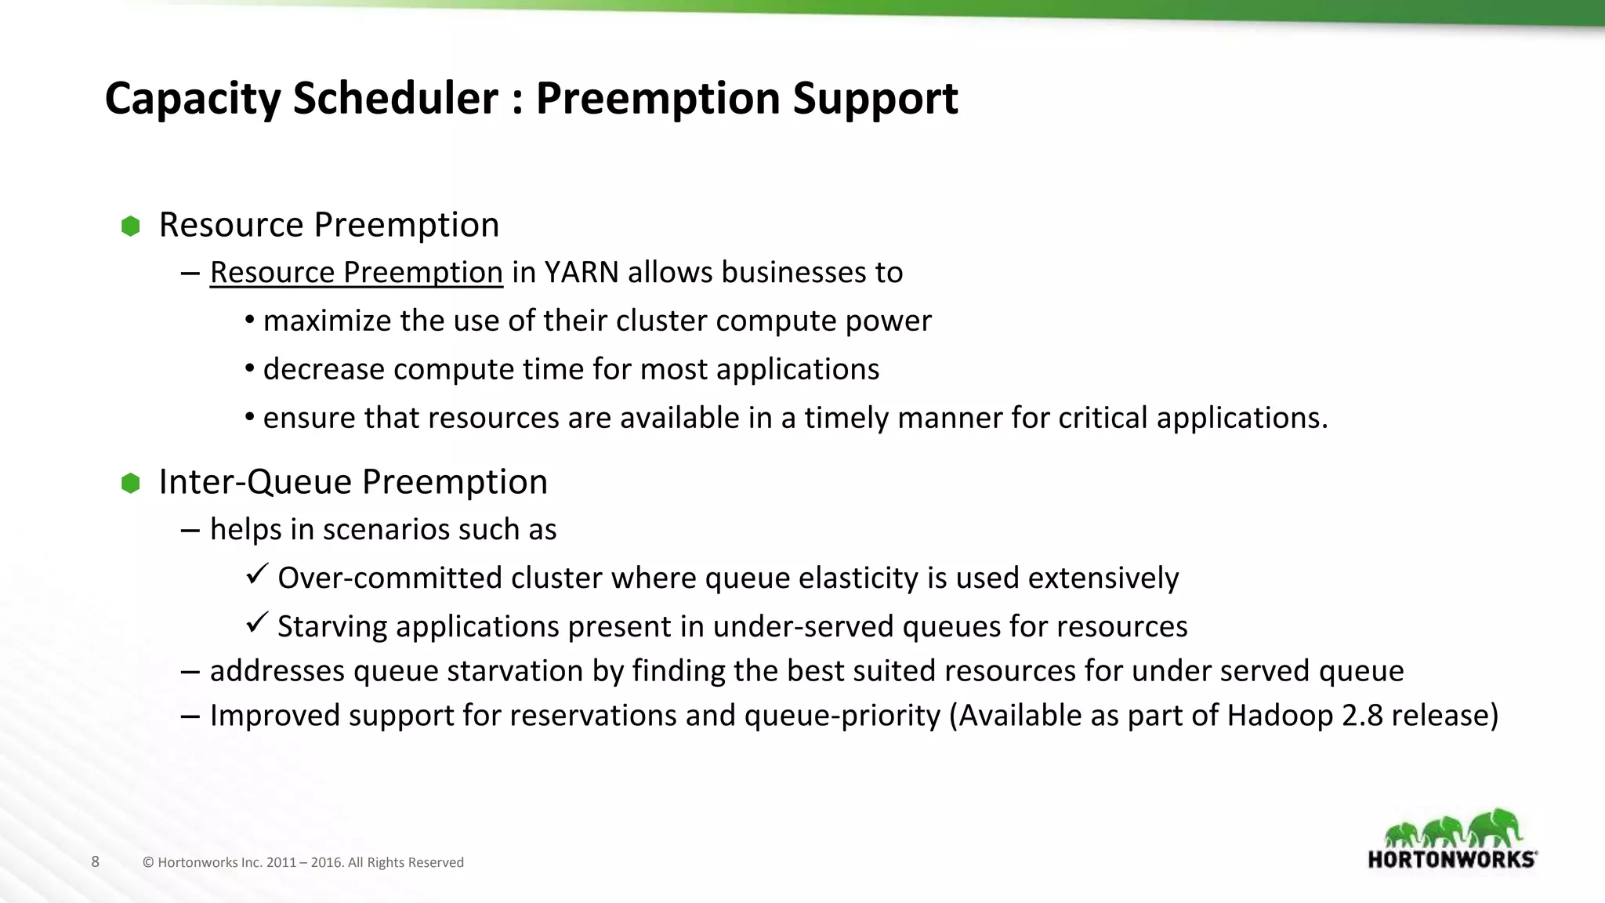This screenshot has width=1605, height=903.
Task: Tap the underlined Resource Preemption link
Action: (x=356, y=273)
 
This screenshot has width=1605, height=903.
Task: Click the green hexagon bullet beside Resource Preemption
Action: (x=131, y=227)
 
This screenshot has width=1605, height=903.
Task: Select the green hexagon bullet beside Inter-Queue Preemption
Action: (x=131, y=483)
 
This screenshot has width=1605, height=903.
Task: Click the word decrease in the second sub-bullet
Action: (x=324, y=369)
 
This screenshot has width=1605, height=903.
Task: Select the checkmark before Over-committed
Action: (x=257, y=575)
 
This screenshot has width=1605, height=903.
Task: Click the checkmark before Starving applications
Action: (x=257, y=623)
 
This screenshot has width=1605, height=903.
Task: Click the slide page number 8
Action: (x=96, y=861)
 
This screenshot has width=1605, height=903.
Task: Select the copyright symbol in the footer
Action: (x=148, y=862)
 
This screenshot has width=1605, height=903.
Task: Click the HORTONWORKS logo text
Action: (x=1451, y=859)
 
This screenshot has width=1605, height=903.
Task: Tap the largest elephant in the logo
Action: (x=1495, y=828)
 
